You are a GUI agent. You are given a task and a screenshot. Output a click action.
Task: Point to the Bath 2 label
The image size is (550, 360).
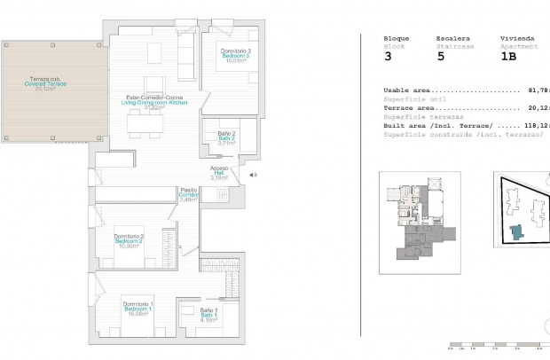[x=226, y=137]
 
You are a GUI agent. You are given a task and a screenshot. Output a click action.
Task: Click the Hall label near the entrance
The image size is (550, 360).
[x=219, y=173]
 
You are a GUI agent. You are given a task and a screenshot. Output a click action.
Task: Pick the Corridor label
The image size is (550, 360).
[x=188, y=195]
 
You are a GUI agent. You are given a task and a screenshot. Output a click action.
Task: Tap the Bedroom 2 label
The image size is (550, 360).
[x=130, y=241]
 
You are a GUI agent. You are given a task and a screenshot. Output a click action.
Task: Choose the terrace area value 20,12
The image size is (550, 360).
[x=538, y=108]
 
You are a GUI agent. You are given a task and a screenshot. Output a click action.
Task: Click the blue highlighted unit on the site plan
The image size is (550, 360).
[x=516, y=232]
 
